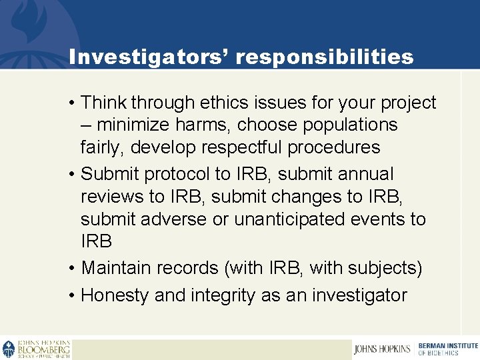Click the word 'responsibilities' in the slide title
324,57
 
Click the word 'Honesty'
115,295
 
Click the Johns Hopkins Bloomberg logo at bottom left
36,349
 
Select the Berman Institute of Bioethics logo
447,349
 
